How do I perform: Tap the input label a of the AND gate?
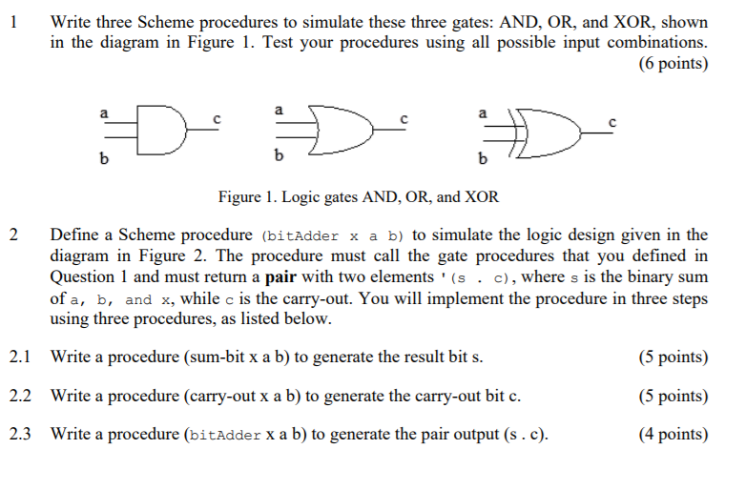pyautogui.click(x=104, y=112)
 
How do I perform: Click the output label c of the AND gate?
pyautogui.click(x=218, y=119)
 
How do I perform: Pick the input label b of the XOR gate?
pyautogui.click(x=481, y=156)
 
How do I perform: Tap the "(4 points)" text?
pyautogui.click(x=673, y=435)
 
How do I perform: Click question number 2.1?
pyautogui.click(x=21, y=357)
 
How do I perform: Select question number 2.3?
pyautogui.click(x=21, y=435)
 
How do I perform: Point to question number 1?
pyautogui.click(x=11, y=19)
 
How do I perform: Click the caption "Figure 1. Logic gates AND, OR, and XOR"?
pyautogui.click(x=358, y=197)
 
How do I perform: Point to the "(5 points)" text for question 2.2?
pyautogui.click(x=673, y=396)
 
